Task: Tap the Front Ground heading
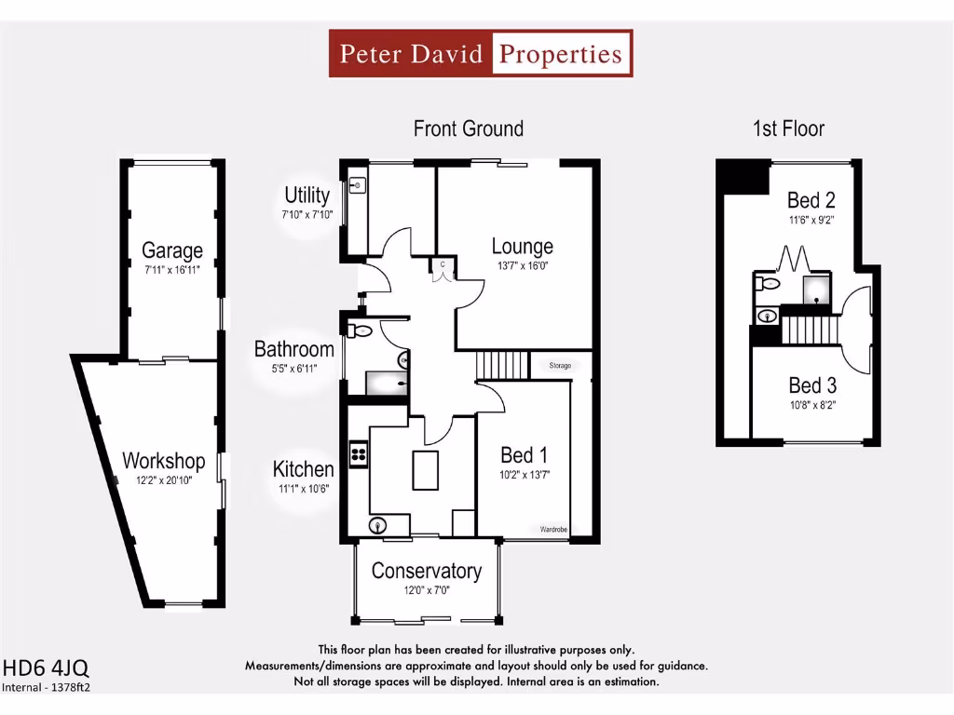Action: coord(469,128)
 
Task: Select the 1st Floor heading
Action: coord(788,128)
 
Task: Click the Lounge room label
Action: coord(523,246)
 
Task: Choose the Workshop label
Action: coord(164,461)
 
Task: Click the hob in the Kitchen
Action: coord(358,453)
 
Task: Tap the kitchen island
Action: coord(426,470)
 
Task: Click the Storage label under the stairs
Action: coord(560,366)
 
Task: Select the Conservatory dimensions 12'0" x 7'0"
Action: coord(427,591)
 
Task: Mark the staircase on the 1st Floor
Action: coord(810,330)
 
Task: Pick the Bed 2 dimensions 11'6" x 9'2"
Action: coord(811,223)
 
